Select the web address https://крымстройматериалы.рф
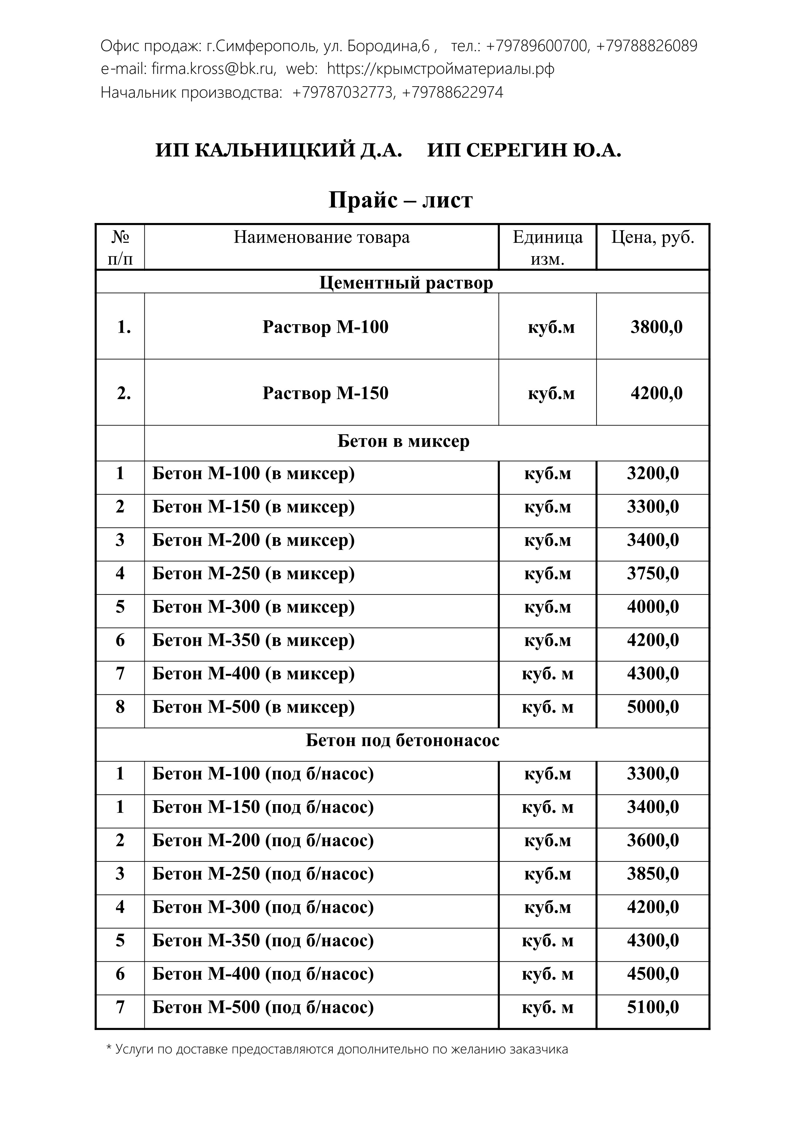pos(440,69)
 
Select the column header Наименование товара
pos(322,237)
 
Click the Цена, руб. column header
pos(653,237)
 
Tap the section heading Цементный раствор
pos(406,283)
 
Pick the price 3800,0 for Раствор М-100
pos(656,327)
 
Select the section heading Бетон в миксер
pos(403,441)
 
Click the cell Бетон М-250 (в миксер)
pos(253,574)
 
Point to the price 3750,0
pos(653,574)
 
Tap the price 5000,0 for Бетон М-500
pos(653,707)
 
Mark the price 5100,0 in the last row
pos(653,1007)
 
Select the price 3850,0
pos(653,874)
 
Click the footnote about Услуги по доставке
pos(338,1050)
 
